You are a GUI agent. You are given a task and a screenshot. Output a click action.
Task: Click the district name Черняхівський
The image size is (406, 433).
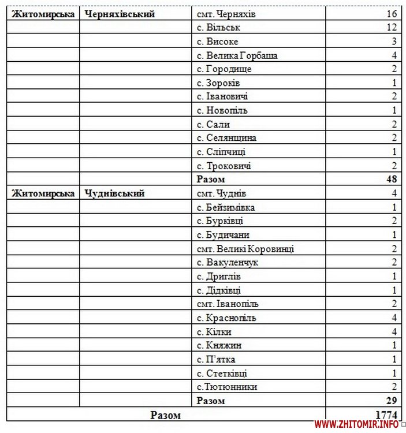tap(120, 14)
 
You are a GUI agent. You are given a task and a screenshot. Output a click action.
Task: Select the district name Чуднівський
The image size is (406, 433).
tap(114, 193)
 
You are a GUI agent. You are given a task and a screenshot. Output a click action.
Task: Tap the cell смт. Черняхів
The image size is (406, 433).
tap(226, 14)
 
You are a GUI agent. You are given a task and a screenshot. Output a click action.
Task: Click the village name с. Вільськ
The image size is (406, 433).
tap(219, 28)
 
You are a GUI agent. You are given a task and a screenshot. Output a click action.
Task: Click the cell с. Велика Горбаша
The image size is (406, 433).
tap(237, 55)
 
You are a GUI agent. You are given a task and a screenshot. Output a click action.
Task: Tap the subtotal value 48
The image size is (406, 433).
tap(391, 180)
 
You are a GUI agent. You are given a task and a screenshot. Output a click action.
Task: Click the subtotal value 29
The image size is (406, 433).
tap(391, 401)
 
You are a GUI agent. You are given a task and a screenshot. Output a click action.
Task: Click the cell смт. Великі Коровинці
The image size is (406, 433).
tap(245, 249)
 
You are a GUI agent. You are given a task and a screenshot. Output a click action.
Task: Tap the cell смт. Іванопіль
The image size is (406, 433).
tap(228, 304)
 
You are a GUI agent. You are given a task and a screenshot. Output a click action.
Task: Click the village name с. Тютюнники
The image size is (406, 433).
tap(227, 387)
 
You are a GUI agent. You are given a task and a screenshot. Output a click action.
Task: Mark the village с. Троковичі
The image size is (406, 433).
tap(224, 166)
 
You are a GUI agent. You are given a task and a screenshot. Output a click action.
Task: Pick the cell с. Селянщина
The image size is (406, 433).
tap(226, 138)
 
